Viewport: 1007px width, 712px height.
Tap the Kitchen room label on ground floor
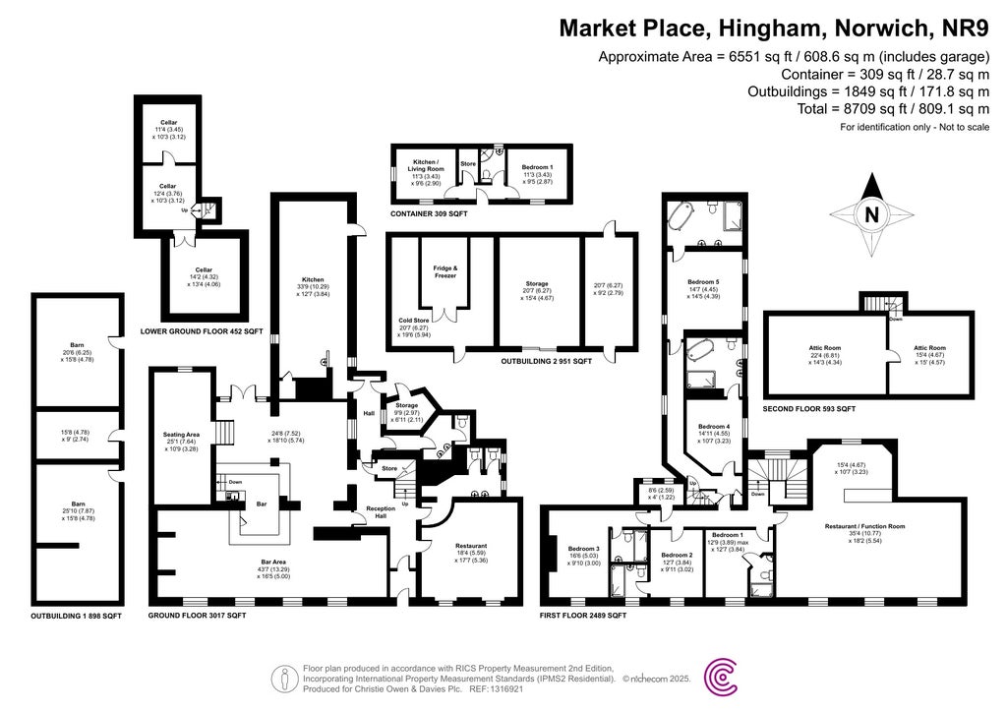(x=313, y=280)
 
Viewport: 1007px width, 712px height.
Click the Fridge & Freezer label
(x=446, y=271)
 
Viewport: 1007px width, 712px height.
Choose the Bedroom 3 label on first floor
(x=584, y=550)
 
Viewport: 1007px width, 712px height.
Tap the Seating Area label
(x=181, y=434)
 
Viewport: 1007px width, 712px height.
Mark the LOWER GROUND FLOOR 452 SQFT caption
(x=201, y=331)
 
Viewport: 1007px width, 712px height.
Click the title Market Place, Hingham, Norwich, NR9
(x=774, y=27)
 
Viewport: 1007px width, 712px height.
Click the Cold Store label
(x=414, y=320)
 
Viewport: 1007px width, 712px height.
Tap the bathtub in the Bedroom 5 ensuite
(x=681, y=213)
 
